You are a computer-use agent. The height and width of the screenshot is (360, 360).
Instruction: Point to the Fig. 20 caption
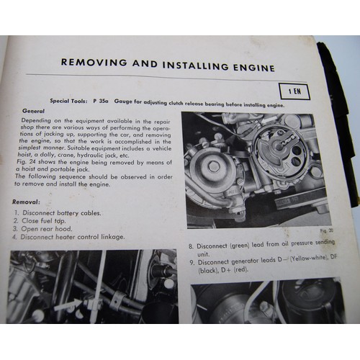pyautogui.click(x=320, y=230)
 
